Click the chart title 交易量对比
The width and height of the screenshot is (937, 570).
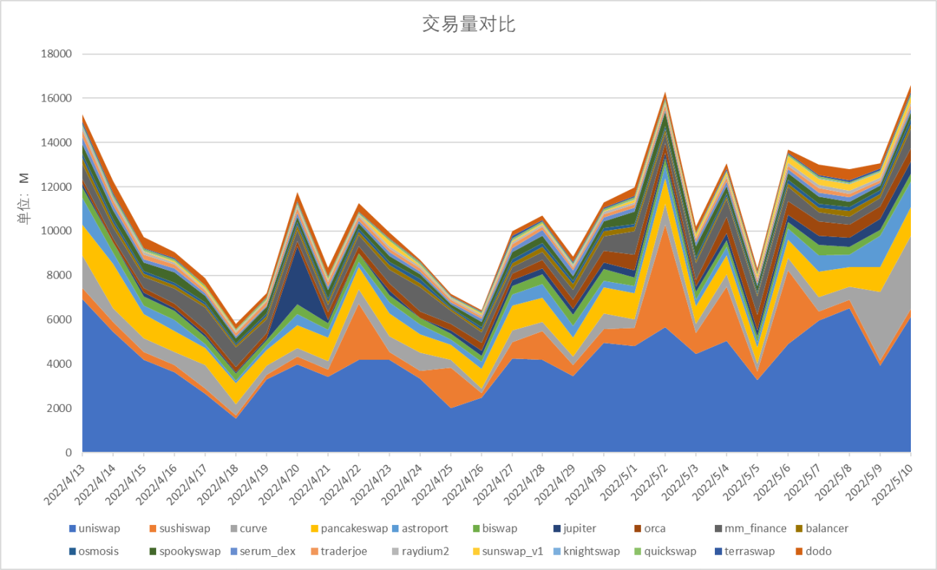468,24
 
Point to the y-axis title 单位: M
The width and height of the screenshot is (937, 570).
23,198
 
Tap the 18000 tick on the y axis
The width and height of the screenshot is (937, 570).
57,54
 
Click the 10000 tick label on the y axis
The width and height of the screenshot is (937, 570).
57,231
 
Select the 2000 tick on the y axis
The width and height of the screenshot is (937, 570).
60,408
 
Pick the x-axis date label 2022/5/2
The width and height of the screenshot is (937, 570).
650,479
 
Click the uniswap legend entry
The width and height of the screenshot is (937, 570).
100,529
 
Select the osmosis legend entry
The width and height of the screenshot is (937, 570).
99,551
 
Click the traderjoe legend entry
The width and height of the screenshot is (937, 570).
343,551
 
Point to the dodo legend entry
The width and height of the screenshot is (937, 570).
818,551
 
